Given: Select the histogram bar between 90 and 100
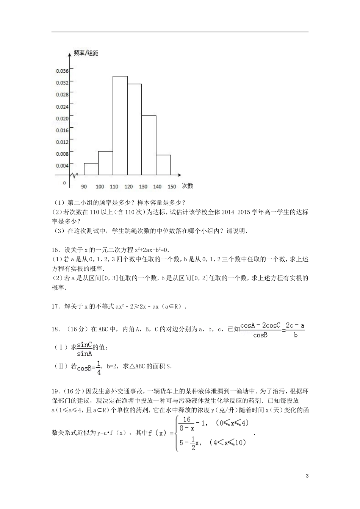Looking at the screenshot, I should coord(91,169).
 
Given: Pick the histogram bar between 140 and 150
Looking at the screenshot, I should coord(163,165).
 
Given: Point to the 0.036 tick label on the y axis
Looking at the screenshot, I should coord(62,71).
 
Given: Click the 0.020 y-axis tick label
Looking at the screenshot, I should coord(62,119).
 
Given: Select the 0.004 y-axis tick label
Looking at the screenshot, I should coord(62,166).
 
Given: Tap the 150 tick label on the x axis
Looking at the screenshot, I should coord(172,186).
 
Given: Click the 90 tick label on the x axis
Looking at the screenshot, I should coord(84,186).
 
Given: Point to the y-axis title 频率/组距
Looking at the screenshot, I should coord(86,53).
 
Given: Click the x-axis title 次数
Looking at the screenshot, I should coord(188,186).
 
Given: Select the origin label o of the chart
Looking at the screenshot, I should coord(64,183).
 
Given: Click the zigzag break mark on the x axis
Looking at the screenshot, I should coord(74,175).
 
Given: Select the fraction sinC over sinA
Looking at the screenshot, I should coord(85,349).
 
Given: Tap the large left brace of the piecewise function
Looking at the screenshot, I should coord(177,433).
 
